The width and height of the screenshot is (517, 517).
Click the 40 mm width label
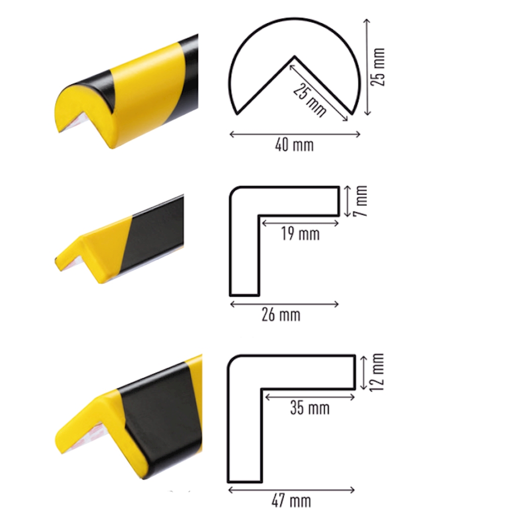(294, 145)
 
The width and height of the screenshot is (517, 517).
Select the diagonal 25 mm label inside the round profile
(309, 100)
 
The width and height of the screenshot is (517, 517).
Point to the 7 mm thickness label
(360, 201)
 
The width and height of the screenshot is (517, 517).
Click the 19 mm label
(300, 234)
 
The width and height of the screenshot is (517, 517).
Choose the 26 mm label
(281, 315)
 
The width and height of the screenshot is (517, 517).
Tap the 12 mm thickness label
(377, 372)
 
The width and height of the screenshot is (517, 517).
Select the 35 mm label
(310, 408)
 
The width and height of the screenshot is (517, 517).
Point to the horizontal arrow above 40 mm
(294, 134)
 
